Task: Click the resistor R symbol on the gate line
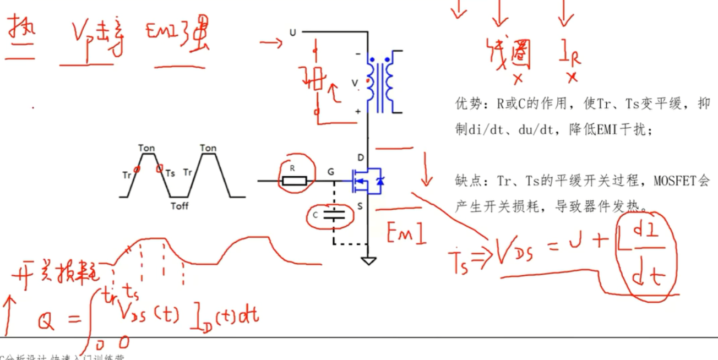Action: point(294,181)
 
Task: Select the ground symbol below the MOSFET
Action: point(369,260)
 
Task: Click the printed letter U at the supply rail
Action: point(292,33)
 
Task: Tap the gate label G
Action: point(331,173)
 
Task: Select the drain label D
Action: point(361,158)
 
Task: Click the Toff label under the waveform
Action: point(180,206)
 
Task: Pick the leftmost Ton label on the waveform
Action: point(146,148)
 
